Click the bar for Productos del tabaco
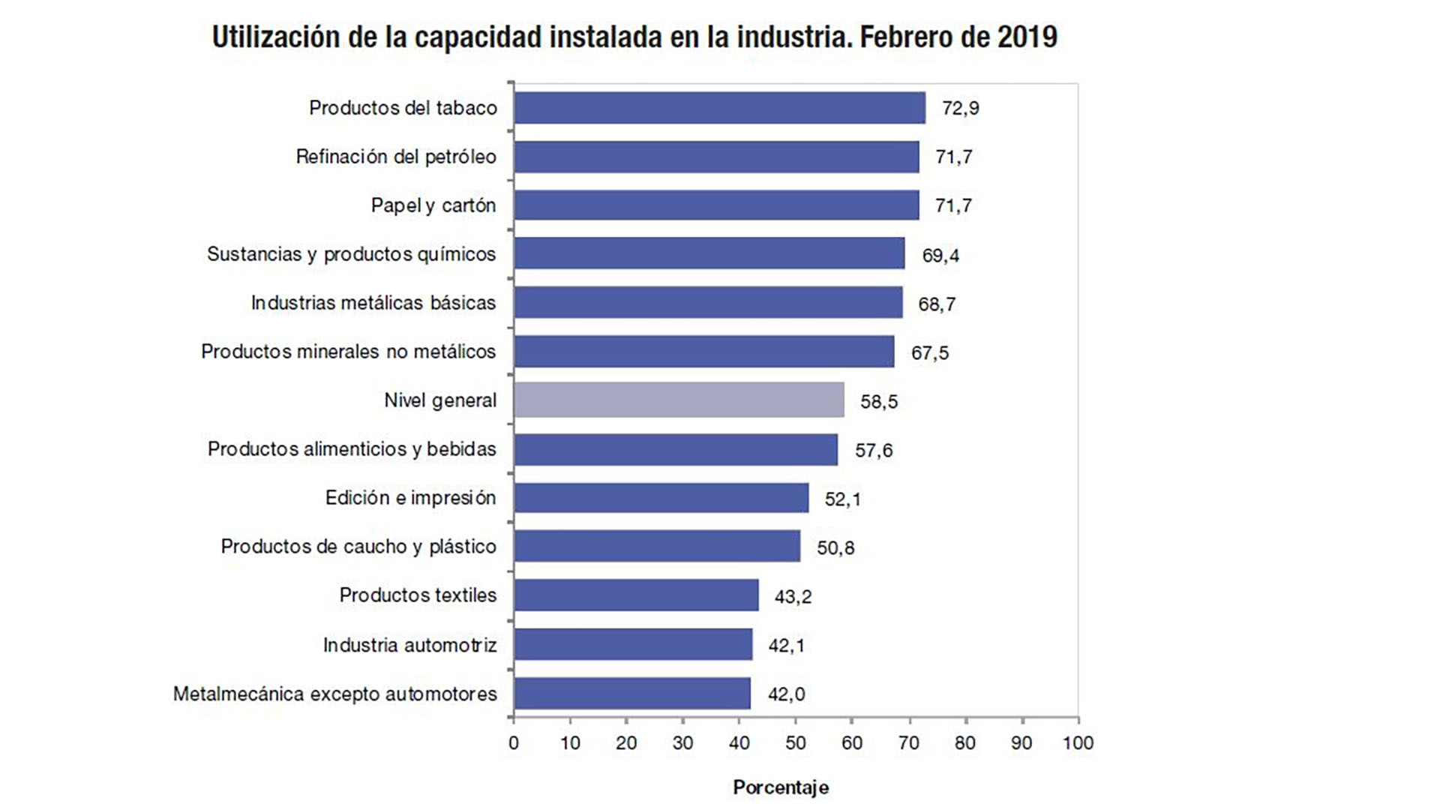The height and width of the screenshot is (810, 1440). tap(719, 108)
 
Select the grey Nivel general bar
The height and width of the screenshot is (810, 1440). tap(679, 400)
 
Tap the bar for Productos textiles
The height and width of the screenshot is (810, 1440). tap(636, 595)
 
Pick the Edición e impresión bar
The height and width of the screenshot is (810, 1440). tap(661, 498)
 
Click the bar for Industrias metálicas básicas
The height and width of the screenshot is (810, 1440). tap(708, 302)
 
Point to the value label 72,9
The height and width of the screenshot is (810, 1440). tap(961, 109)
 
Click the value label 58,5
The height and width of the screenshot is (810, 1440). tap(879, 402)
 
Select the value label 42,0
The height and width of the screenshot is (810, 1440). tap(786, 694)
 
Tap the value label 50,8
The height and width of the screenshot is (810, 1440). tap(835, 548)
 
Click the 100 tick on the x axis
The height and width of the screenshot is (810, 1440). tap(1078, 743)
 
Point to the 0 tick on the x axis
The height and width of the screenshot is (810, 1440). tap(514, 743)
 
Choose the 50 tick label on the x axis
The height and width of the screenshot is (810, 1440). tap(796, 743)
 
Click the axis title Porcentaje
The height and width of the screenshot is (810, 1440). tap(781, 787)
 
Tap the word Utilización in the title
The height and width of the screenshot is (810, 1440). tap(275, 37)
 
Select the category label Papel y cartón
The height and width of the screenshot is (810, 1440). tap(433, 205)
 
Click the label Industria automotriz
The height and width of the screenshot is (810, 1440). tap(409, 645)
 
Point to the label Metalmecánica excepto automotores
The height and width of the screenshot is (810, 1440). tap(335, 694)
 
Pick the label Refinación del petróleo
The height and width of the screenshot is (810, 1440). tap(396, 157)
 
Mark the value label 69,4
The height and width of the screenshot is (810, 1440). tap(940, 256)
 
